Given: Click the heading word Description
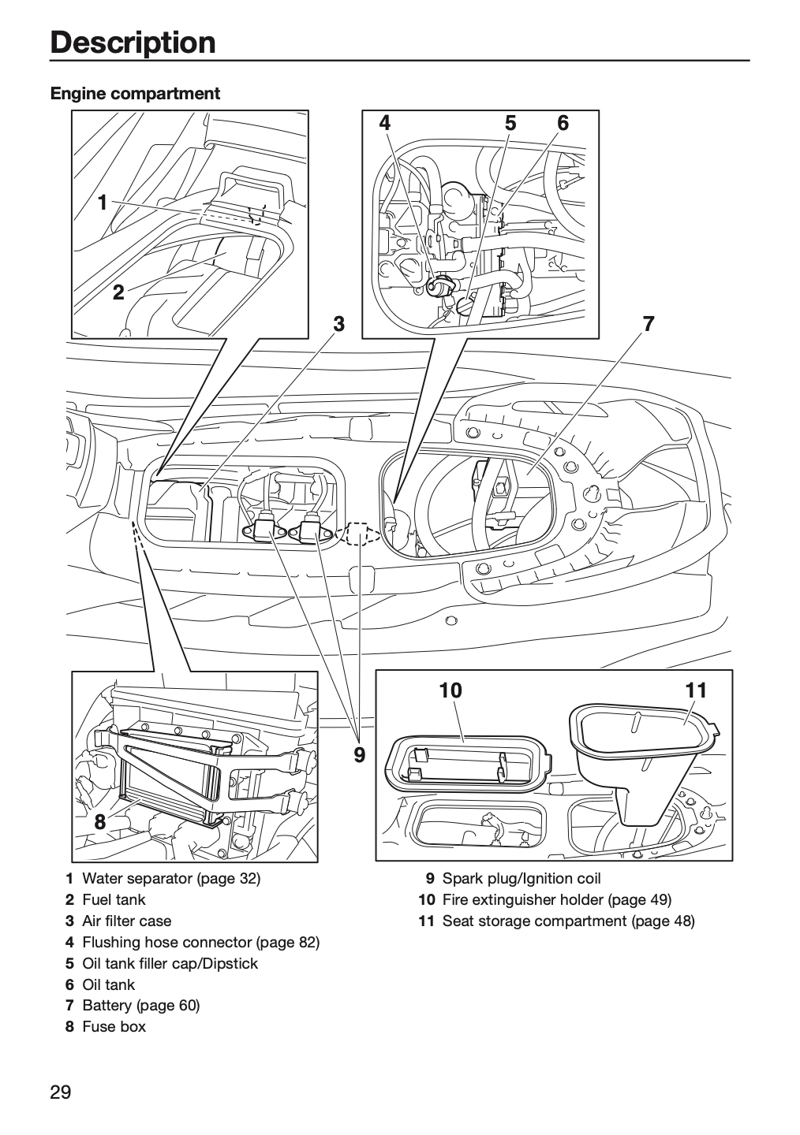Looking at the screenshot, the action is pos(133,43).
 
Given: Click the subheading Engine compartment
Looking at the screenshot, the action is pos(135,94).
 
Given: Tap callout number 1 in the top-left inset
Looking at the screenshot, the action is pos(103,203).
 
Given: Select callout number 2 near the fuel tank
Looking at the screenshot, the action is pos(118,292).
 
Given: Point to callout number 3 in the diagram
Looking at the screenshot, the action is pos(339,323).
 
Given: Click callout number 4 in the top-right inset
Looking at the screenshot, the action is pos(385,123).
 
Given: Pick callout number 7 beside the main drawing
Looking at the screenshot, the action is pos(649,323).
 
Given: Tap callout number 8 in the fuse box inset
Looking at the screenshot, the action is pos(100,821).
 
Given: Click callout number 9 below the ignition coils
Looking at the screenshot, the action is pos(359,755).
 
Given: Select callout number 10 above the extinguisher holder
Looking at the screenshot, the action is pos(450,690).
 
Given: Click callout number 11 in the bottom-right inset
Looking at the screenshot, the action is pos(696,690).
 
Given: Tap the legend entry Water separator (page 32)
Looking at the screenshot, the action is pos(171,879).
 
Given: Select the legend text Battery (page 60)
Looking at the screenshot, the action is pos(141,1005).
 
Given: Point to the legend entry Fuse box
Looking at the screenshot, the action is pos(114,1026).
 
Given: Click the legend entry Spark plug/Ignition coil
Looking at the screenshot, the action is pos(521,879).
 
